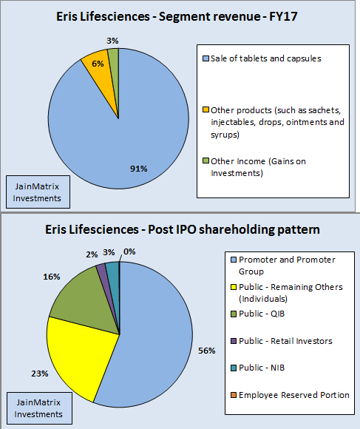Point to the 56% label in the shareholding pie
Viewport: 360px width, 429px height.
[x=207, y=349]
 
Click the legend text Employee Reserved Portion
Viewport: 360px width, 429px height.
[x=293, y=394]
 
